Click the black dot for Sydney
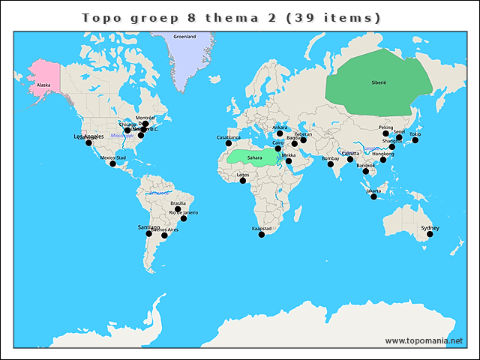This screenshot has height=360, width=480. (x=430, y=234)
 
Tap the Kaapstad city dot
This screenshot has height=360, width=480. (x=262, y=235)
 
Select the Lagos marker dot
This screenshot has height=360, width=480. (x=243, y=181)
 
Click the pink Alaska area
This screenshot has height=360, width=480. (x=41, y=79)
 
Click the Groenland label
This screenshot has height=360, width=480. (x=184, y=36)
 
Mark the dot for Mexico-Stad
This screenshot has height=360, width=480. (x=113, y=164)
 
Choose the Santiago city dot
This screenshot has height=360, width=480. (x=148, y=233)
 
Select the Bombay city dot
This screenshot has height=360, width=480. (x=331, y=165)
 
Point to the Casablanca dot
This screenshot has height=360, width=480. (x=229, y=143)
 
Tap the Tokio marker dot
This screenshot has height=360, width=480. (x=415, y=140)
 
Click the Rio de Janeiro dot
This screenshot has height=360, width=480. (x=184, y=218)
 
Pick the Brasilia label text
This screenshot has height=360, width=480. (x=178, y=203)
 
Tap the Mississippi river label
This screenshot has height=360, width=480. (x=121, y=135)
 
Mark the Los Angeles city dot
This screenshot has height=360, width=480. (x=88, y=142)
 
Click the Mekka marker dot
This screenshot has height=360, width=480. (x=289, y=160)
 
